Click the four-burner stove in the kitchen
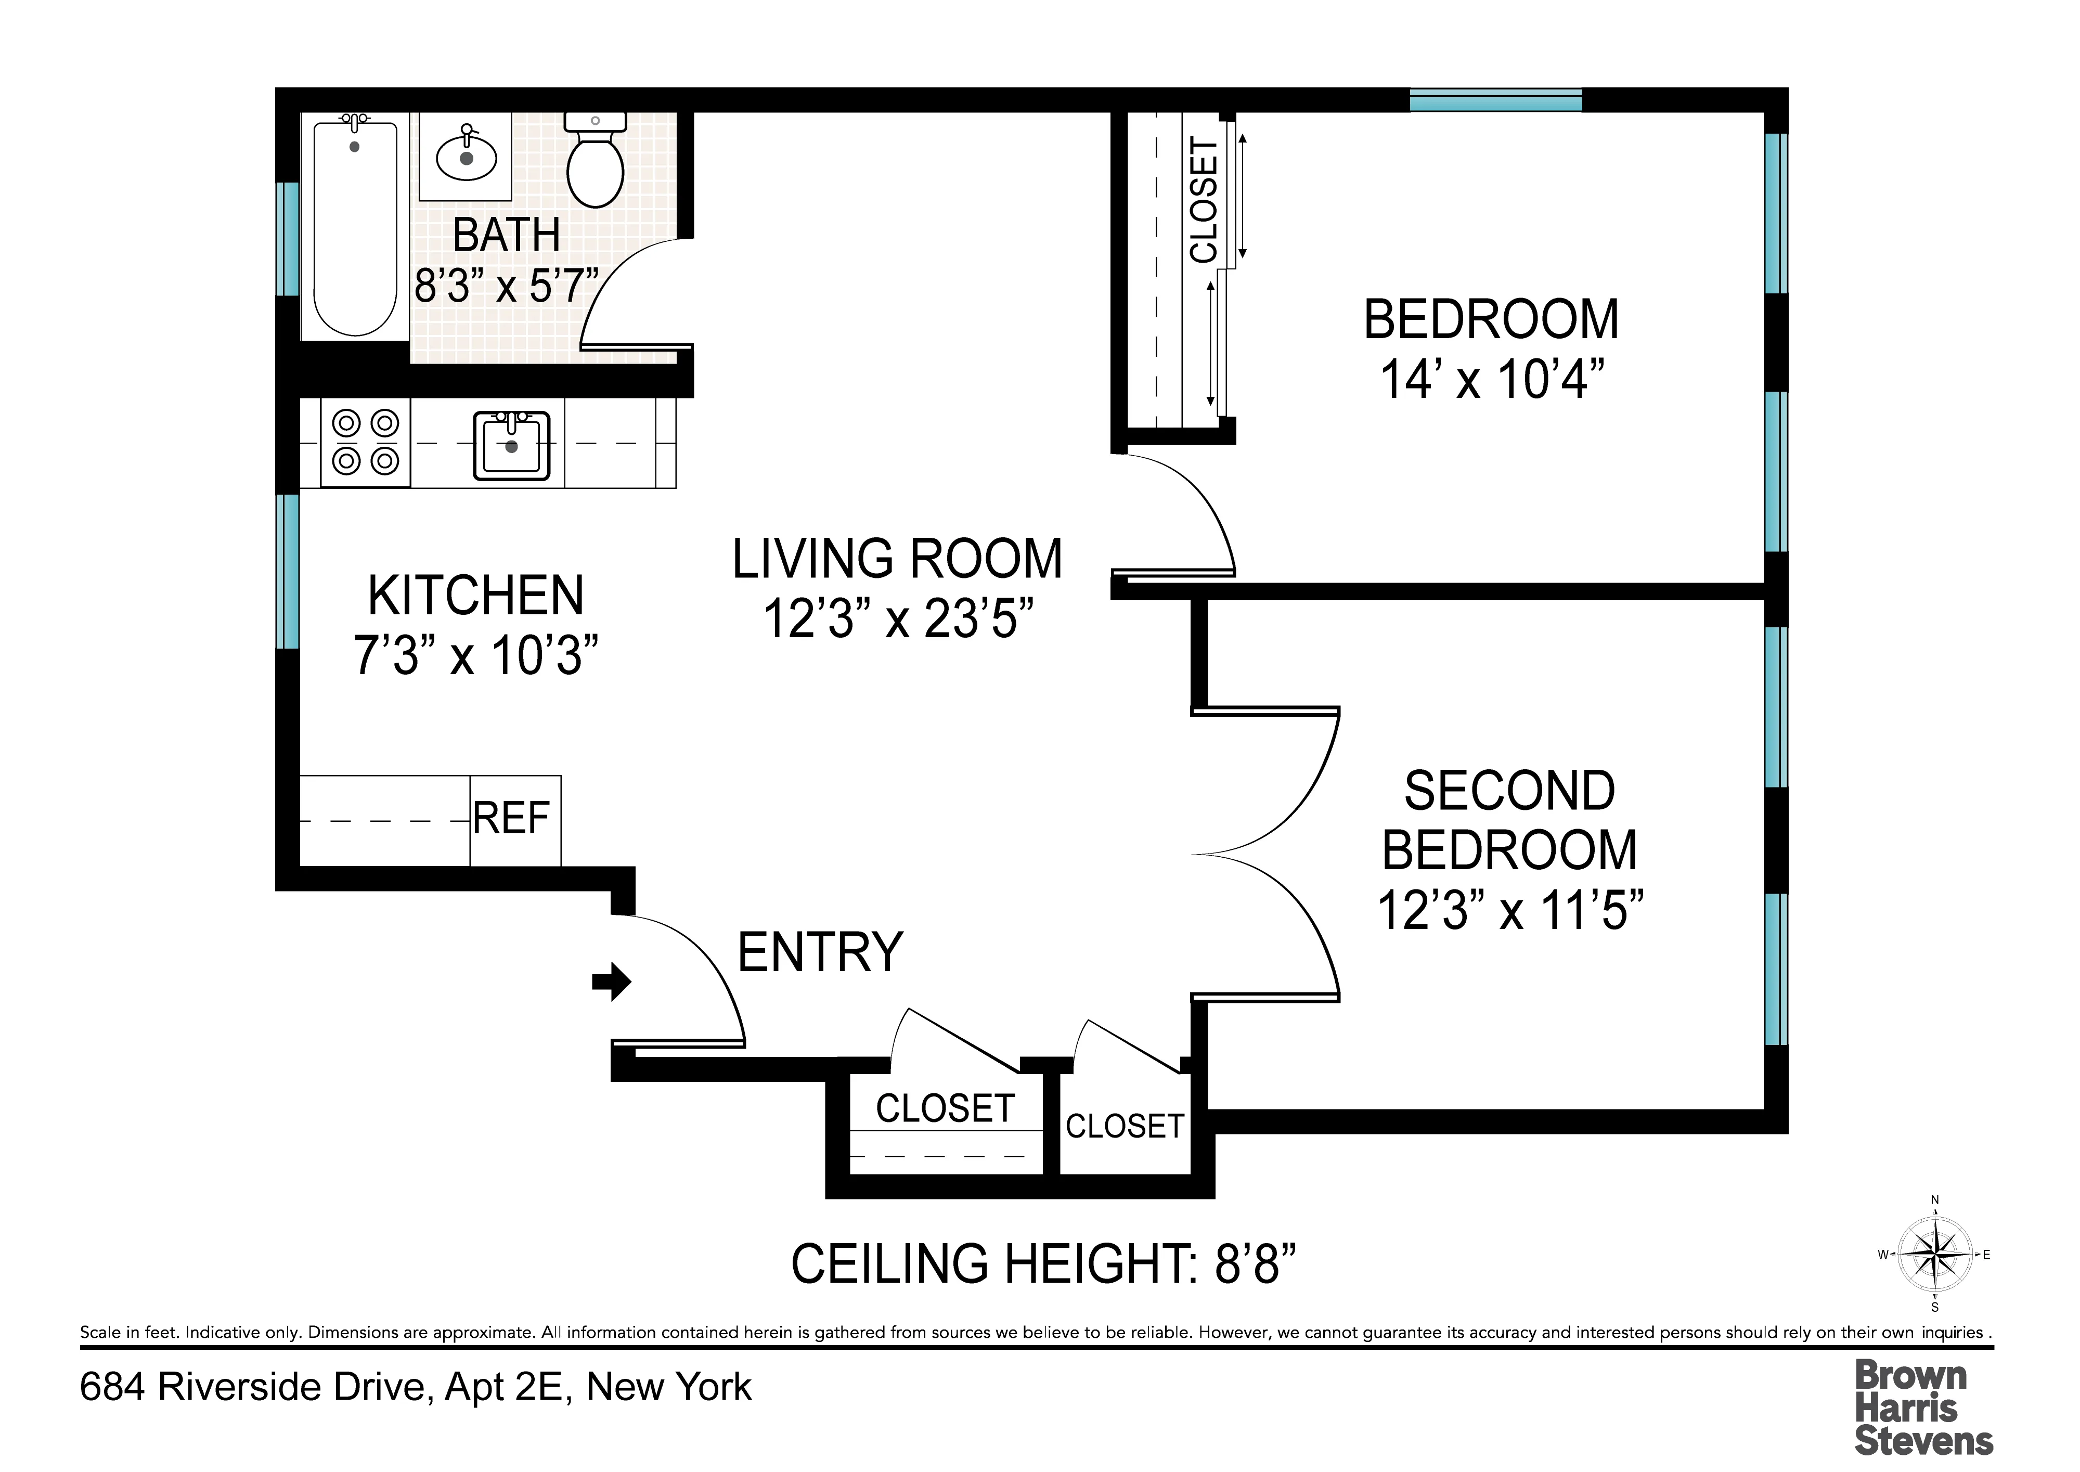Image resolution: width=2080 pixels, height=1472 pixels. (x=365, y=442)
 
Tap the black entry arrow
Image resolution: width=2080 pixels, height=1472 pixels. (x=612, y=981)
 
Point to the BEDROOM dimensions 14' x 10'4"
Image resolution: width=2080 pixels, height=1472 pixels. (x=1491, y=379)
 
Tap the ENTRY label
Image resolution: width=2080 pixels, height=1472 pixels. (x=820, y=952)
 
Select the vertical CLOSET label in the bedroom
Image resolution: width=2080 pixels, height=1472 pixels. (x=1203, y=199)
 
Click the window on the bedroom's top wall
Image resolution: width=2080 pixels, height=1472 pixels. (x=1495, y=100)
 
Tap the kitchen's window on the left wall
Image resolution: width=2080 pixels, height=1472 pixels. (x=287, y=571)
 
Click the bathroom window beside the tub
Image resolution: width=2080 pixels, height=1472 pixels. (x=287, y=238)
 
